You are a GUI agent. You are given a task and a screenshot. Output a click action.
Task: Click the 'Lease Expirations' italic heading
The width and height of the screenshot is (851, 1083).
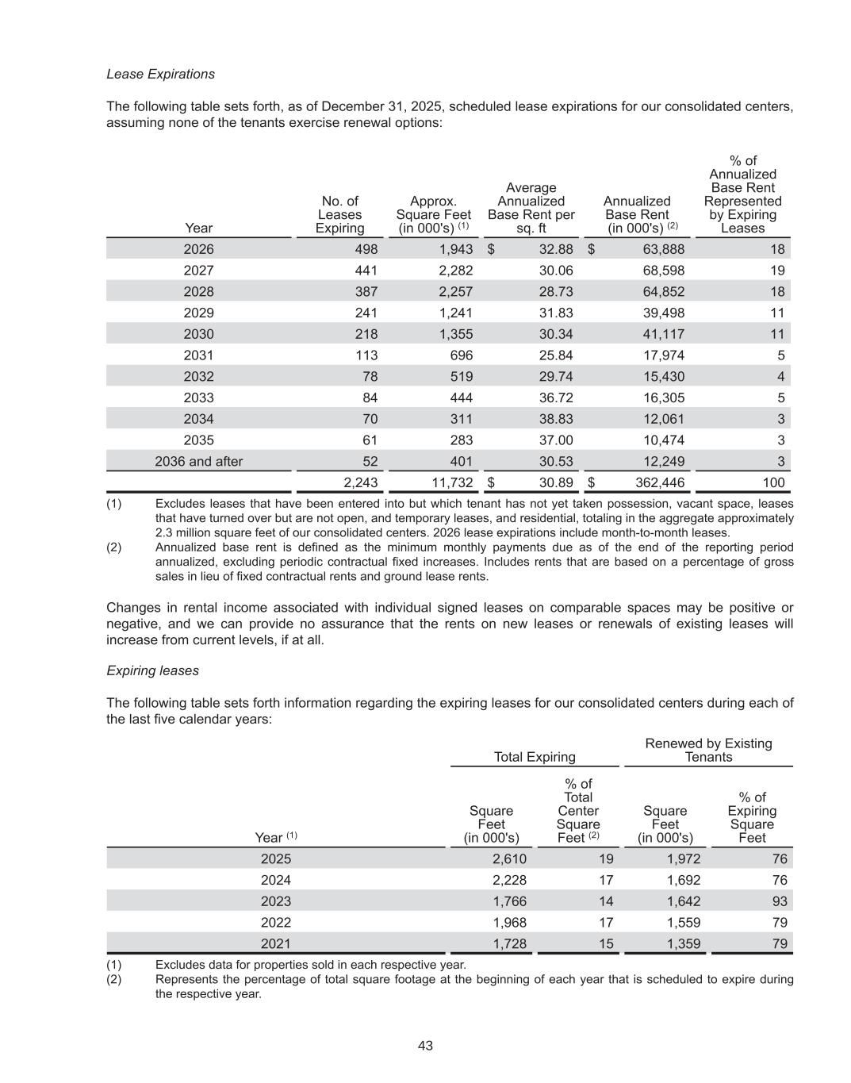[160, 74]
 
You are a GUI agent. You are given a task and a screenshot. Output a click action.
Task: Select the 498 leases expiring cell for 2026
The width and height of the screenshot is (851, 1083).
[366, 249]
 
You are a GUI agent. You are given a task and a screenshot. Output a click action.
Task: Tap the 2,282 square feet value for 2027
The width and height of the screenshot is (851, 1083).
[455, 271]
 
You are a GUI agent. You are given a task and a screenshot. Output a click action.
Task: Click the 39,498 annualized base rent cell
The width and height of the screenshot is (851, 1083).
[663, 313]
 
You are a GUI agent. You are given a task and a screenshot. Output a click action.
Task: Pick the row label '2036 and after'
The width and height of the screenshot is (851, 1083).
[198, 462]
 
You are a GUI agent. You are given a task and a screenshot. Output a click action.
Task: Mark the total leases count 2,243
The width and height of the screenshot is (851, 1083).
[360, 482]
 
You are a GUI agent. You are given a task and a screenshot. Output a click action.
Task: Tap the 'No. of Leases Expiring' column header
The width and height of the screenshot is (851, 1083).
[339, 215]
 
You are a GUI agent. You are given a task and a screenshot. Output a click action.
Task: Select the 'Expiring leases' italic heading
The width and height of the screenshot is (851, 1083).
[152, 670]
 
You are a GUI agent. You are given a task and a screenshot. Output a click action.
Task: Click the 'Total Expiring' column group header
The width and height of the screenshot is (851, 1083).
[535, 757]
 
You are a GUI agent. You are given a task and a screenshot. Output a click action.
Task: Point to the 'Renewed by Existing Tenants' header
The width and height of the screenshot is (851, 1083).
[708, 750]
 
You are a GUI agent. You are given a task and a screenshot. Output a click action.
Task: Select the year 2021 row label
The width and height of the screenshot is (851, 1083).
[275, 944]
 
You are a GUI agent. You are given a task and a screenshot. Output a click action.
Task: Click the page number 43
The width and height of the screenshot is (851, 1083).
[425, 1046]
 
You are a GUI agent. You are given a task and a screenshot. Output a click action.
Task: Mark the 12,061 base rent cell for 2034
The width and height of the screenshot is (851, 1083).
[663, 419]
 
